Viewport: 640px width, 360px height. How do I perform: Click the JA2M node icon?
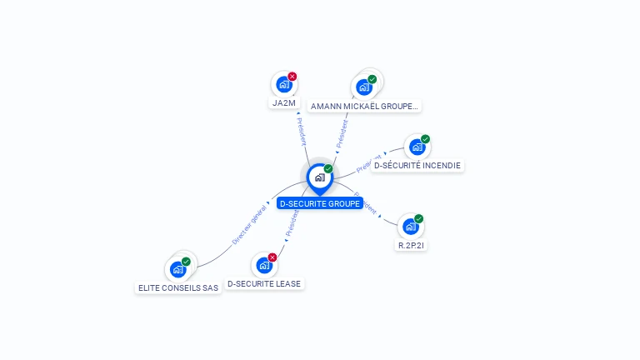pos(284,85)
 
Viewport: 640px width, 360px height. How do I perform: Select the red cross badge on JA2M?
pos(292,77)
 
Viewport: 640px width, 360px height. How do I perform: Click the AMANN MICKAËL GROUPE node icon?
pos(363,87)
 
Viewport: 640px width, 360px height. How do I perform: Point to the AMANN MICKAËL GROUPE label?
pos(365,106)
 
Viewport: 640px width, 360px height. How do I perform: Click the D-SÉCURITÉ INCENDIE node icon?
pos(417,147)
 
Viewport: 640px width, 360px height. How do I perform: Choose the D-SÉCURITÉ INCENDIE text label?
pos(417,165)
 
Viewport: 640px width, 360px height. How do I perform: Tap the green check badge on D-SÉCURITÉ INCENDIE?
pos(425,139)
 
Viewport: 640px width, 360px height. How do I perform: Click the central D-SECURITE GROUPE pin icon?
pos(319,177)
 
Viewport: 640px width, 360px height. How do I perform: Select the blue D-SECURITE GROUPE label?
pos(320,203)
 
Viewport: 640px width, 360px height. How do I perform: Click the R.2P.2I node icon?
pos(410,227)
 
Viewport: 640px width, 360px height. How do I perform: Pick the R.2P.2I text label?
pos(412,245)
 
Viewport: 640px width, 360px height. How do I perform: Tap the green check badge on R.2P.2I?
pos(418,218)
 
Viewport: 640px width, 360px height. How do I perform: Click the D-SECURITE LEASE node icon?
pos(264,266)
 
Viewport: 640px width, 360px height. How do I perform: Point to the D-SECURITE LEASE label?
pos(264,284)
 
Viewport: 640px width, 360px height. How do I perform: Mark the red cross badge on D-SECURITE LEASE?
pos(272,257)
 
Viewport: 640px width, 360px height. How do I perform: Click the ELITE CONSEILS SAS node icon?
pos(177,269)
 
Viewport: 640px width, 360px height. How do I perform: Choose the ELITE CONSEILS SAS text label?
pos(178,287)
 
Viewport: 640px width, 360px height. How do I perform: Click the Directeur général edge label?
pos(248,224)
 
